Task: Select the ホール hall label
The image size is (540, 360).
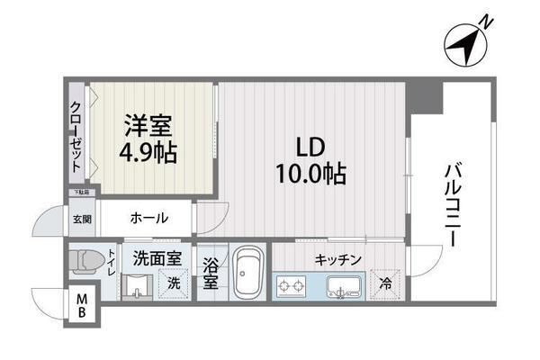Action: click(148, 218)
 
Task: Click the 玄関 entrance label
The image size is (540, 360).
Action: click(81, 219)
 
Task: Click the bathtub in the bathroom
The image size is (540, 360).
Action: click(247, 276)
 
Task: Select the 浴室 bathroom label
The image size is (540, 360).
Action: click(209, 275)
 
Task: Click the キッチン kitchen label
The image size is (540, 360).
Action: click(338, 260)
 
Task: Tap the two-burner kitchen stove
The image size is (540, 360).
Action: click(292, 288)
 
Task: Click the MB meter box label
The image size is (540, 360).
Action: click(81, 306)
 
